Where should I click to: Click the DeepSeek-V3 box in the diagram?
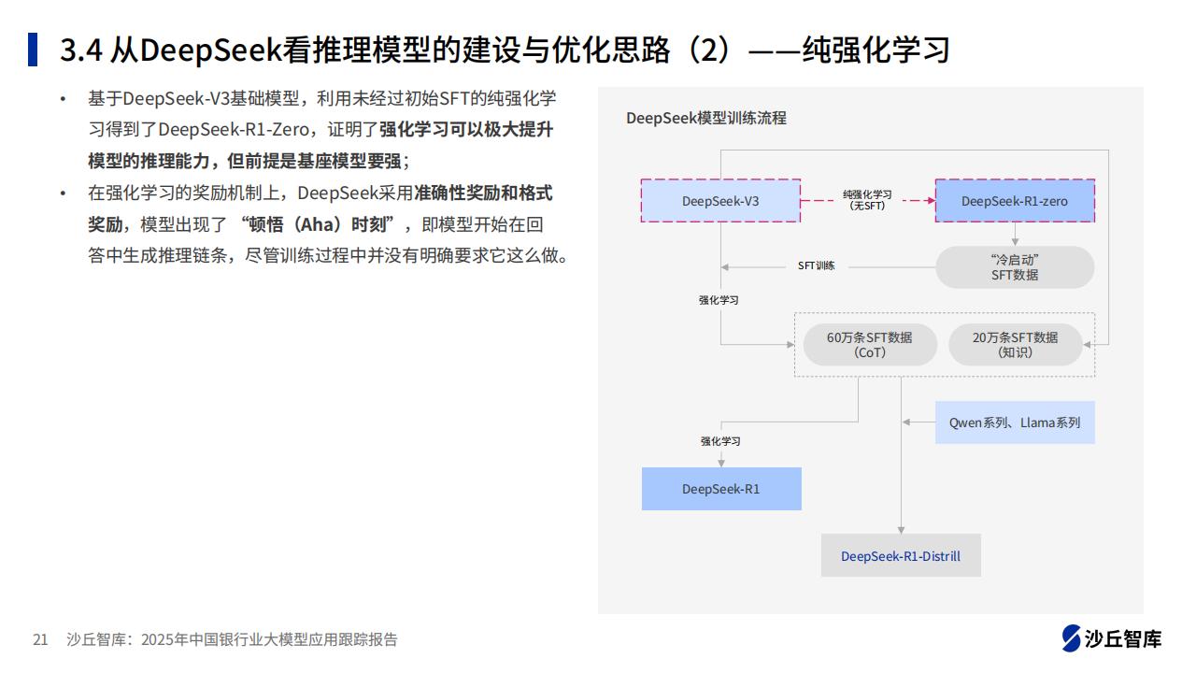[x=720, y=201]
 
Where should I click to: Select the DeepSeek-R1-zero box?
[x=1015, y=201]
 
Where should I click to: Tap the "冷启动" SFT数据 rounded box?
[x=1015, y=267]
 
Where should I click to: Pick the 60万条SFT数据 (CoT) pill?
[x=870, y=345]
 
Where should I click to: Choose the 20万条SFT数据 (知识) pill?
[x=1015, y=345]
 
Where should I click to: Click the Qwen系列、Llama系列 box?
[x=1015, y=422]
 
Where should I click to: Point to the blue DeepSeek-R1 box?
[x=721, y=489]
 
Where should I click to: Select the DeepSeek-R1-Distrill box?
[x=901, y=555]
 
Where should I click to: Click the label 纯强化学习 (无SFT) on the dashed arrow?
[x=867, y=200]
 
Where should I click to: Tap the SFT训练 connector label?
[x=816, y=265]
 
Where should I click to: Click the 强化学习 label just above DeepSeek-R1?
[x=720, y=441]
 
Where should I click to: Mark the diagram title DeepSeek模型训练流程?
[x=705, y=118]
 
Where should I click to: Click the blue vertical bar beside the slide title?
[x=33, y=50]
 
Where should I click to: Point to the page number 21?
[x=40, y=639]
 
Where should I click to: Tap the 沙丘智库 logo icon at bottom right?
[x=1071, y=638]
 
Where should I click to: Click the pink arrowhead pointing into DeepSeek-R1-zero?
[x=932, y=200]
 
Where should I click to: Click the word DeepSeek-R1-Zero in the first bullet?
[x=234, y=129]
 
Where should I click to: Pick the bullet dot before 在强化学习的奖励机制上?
[x=63, y=193]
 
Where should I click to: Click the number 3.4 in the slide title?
[x=80, y=50]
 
